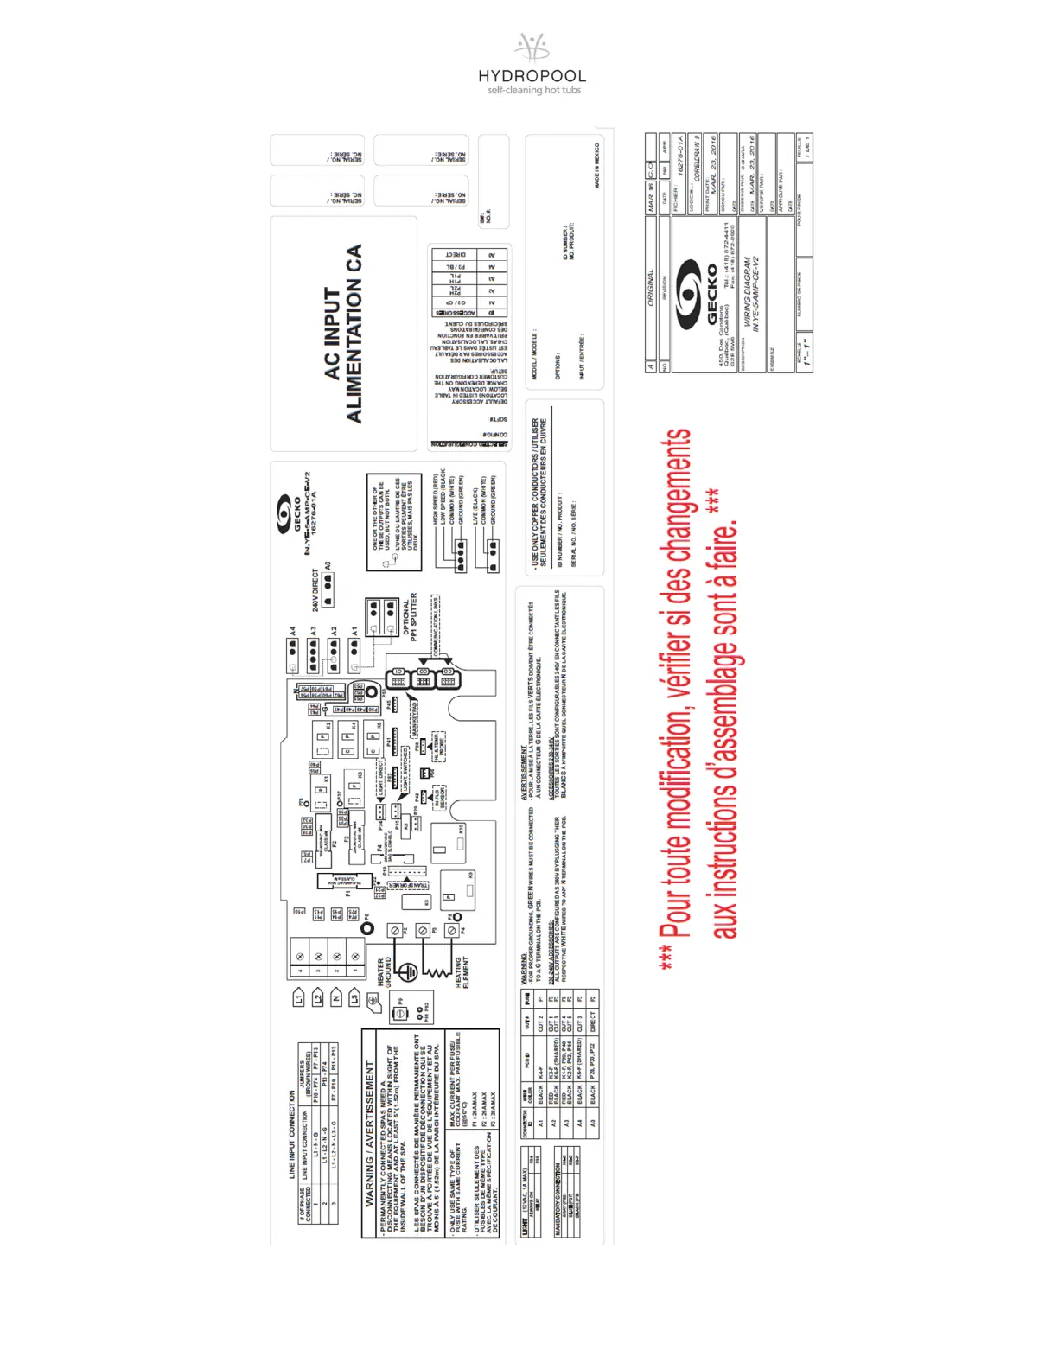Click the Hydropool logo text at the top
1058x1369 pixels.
tap(532, 76)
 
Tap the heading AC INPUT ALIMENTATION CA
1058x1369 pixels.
tap(343, 334)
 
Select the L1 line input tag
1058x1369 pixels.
tap(299, 998)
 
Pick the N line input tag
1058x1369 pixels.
tap(336, 998)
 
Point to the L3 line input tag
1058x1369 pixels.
tap(354, 998)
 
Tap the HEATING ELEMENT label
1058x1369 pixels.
tap(462, 972)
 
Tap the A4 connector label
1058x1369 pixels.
tap(293, 632)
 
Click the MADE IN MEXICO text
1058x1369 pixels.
tap(596, 166)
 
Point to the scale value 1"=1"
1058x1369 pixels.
tap(806, 353)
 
